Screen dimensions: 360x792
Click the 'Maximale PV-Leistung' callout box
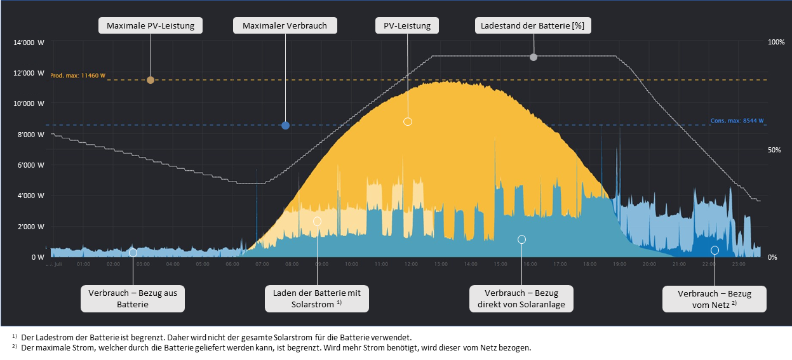click(x=151, y=26)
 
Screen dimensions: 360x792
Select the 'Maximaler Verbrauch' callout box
click(x=285, y=26)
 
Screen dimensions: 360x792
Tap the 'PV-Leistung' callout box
click(x=407, y=26)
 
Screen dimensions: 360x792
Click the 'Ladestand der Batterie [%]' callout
click(x=534, y=26)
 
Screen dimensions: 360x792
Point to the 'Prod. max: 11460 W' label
click(x=77, y=76)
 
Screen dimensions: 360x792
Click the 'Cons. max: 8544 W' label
click(x=737, y=121)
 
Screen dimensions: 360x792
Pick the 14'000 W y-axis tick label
click(x=29, y=43)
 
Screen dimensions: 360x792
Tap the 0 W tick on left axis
click(x=38, y=257)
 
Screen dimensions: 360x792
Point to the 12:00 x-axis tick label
click(x=411, y=264)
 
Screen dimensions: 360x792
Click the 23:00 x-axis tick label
click(x=738, y=264)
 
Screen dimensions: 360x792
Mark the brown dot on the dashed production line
click(x=151, y=80)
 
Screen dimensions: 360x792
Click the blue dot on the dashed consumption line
click(x=285, y=126)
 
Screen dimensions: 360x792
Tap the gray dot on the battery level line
click(x=534, y=57)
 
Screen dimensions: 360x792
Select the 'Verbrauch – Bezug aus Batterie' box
click(x=133, y=298)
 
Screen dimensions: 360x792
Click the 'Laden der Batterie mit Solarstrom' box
click(x=317, y=298)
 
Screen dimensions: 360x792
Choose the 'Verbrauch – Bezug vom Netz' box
click(x=715, y=299)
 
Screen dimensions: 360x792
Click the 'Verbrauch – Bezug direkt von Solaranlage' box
click(x=521, y=298)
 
